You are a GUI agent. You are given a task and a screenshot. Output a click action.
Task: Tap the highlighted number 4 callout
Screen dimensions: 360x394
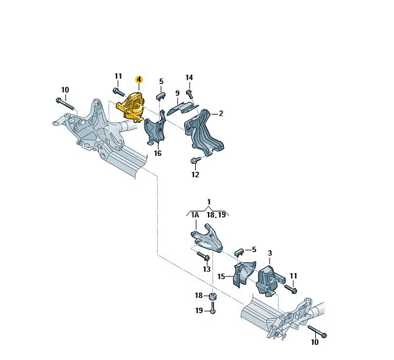click(x=139, y=80)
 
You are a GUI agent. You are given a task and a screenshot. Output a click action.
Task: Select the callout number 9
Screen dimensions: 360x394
click(x=177, y=94)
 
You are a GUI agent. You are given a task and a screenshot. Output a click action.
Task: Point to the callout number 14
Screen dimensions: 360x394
click(x=189, y=77)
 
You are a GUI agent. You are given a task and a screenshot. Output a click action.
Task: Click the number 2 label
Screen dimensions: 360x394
click(x=221, y=113)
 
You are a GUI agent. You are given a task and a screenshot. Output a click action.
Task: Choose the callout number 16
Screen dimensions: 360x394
click(x=157, y=154)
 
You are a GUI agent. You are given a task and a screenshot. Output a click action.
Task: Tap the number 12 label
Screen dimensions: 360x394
click(x=195, y=175)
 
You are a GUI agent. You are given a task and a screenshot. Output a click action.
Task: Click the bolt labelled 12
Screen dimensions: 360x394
click(x=195, y=161)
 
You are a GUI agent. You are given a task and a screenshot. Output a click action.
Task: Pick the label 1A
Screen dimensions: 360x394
click(x=195, y=215)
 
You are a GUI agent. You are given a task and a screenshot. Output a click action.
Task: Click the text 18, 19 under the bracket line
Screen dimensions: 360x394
click(x=216, y=215)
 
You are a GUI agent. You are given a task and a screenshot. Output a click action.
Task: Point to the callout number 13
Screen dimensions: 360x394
click(x=207, y=269)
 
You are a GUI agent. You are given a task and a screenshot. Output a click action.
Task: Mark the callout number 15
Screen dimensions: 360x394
click(x=221, y=277)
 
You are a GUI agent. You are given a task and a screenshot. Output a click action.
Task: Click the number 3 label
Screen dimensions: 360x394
click(x=270, y=252)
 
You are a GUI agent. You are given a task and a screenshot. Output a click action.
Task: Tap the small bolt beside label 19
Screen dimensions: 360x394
click(x=212, y=310)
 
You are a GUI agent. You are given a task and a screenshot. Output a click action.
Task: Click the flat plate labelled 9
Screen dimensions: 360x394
click(x=182, y=107)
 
